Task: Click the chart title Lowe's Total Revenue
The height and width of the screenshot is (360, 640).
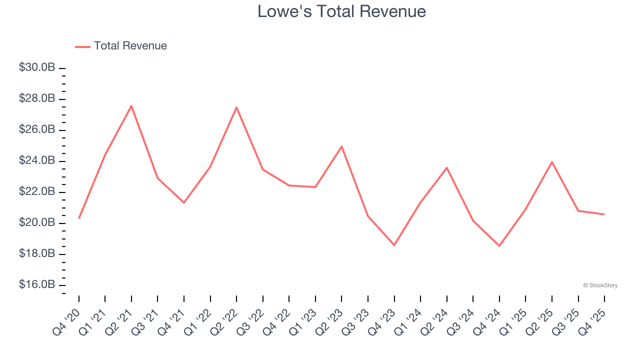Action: [x=341, y=11]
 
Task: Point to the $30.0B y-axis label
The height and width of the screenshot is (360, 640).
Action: [x=37, y=67]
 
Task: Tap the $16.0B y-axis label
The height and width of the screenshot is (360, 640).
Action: [x=37, y=285]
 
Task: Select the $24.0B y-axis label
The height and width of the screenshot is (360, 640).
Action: [x=37, y=161]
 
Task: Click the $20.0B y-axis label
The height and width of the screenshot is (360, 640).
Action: [x=37, y=223]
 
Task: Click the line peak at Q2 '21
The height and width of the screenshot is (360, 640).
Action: [x=131, y=105]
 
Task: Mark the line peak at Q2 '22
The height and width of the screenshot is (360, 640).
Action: [x=236, y=107]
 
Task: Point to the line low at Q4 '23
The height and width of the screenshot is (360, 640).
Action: [x=394, y=245]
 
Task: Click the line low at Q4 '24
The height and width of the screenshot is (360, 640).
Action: [x=499, y=245]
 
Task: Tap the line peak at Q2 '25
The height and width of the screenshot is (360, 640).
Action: [x=551, y=161]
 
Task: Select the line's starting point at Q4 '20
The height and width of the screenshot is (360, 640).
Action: [x=79, y=218]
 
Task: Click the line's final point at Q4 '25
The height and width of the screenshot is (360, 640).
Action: [x=604, y=214]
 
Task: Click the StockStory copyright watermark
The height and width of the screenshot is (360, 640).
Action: [x=600, y=285]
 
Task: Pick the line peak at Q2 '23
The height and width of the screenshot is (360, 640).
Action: [x=341, y=146]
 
